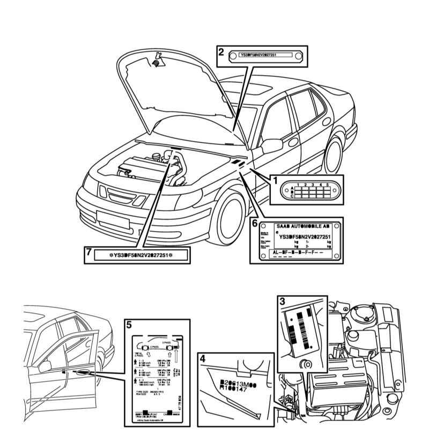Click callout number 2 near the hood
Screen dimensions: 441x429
click(x=221, y=52)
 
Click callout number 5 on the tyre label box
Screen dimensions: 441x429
click(x=129, y=325)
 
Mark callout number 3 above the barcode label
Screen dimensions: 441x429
click(x=282, y=300)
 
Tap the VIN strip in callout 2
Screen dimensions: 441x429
click(x=264, y=55)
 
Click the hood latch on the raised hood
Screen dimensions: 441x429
click(x=158, y=60)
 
